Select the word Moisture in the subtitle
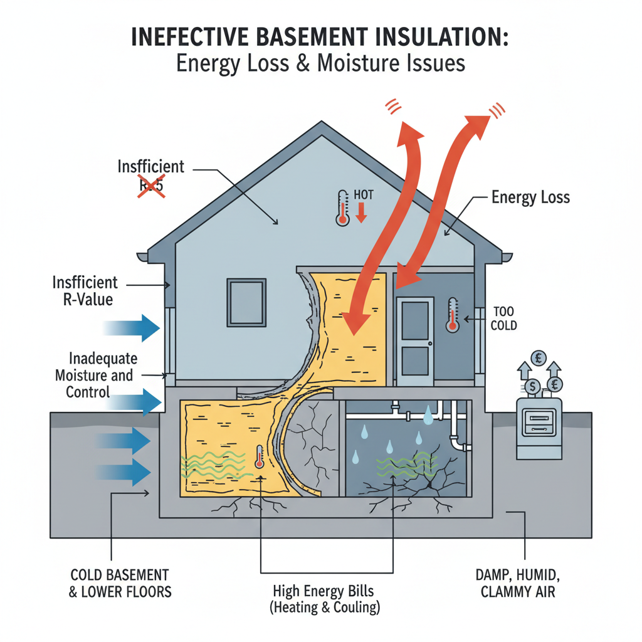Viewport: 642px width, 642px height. [x=347, y=64]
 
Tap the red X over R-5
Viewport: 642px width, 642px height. [x=150, y=186]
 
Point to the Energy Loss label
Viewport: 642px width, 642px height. [x=530, y=197]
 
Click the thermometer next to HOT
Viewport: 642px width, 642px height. [x=342, y=208]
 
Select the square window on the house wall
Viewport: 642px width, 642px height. [x=246, y=302]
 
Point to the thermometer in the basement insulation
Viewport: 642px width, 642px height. [x=259, y=457]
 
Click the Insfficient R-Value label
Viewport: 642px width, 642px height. [x=85, y=290]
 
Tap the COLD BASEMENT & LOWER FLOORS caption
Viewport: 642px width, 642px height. [x=120, y=583]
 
